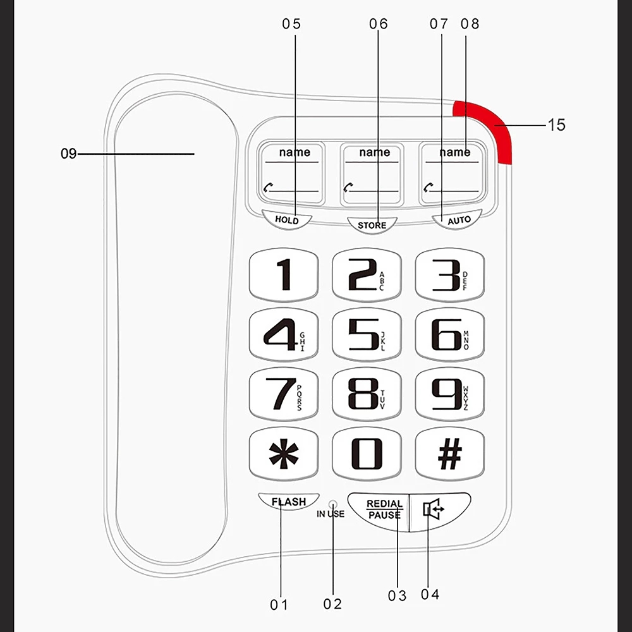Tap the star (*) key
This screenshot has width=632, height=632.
(284, 454)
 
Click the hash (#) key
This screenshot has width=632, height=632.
(449, 454)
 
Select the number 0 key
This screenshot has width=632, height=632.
(367, 454)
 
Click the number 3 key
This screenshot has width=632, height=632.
(449, 274)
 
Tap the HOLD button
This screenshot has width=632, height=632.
(287, 220)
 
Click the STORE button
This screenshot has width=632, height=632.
(372, 224)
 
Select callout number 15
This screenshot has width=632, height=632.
(556, 125)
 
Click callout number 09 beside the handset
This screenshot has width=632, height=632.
(68, 154)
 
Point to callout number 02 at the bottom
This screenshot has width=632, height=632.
(332, 604)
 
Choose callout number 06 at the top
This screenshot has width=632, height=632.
(378, 24)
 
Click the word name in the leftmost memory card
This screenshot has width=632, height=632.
(295, 152)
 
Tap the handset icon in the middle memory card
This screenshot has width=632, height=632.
(348, 187)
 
